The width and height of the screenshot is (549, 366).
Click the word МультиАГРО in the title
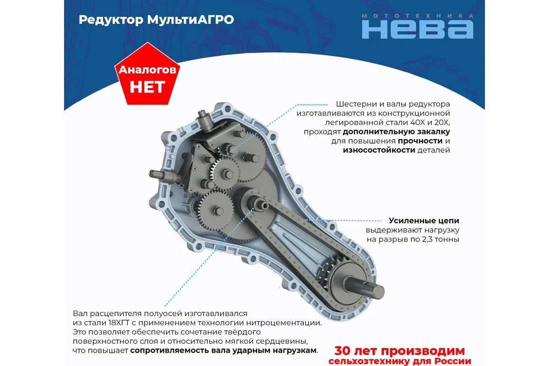pyautogui.click(x=190, y=20)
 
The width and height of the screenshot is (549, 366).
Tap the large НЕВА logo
pyautogui.click(x=418, y=29)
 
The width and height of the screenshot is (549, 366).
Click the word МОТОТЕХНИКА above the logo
pyautogui.click(x=418, y=16)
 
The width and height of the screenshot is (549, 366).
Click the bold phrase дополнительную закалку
pyautogui.click(x=396, y=132)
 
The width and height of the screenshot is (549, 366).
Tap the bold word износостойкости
pyautogui.click(x=379, y=150)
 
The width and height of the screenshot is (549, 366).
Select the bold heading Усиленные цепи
pyautogui.click(x=424, y=221)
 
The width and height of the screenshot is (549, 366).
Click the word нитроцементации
pyautogui.click(x=284, y=323)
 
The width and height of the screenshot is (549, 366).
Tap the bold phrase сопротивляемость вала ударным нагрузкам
pyautogui.click(x=224, y=350)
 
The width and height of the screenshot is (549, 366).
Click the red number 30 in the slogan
pyautogui.click(x=344, y=351)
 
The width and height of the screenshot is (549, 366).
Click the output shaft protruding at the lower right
pyautogui.click(x=365, y=287)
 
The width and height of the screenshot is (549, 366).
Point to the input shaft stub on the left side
pyautogui.click(x=159, y=175)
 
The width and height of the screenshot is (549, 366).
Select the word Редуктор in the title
pyautogui.click(x=111, y=20)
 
